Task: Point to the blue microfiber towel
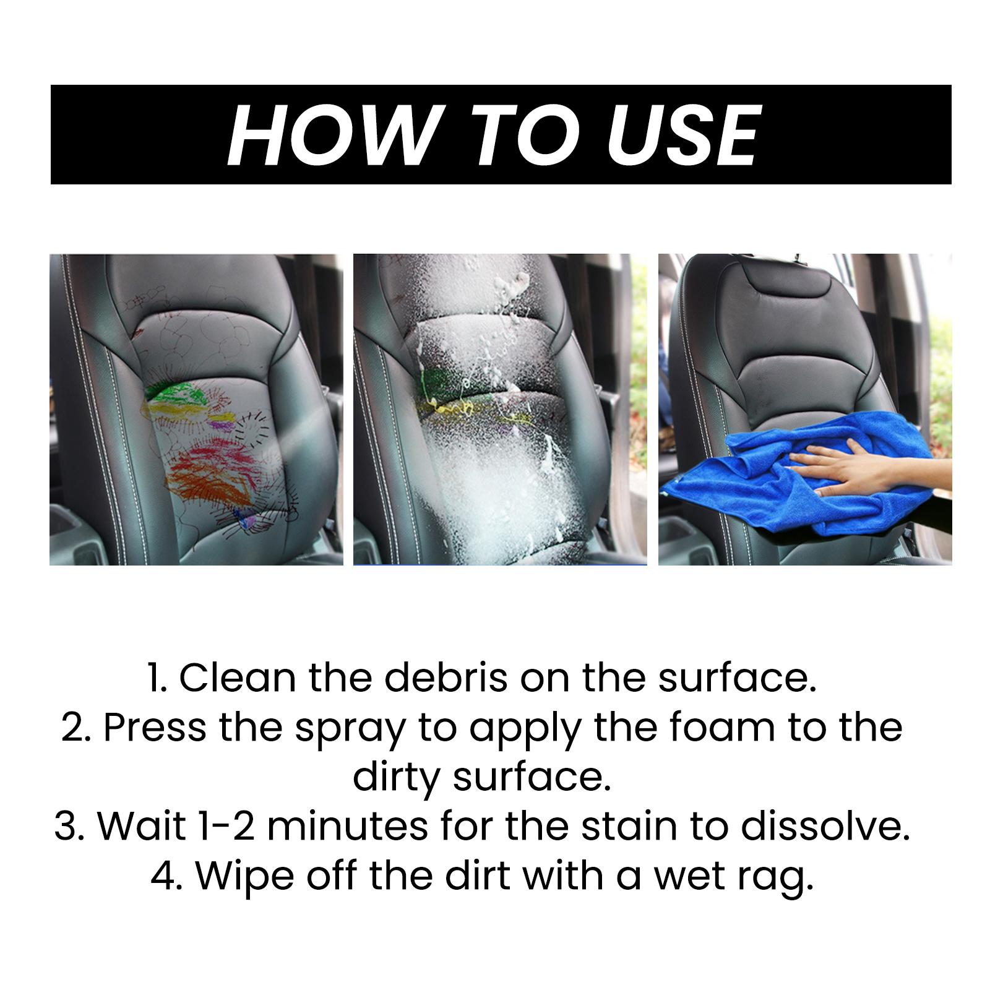click(x=811, y=476)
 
